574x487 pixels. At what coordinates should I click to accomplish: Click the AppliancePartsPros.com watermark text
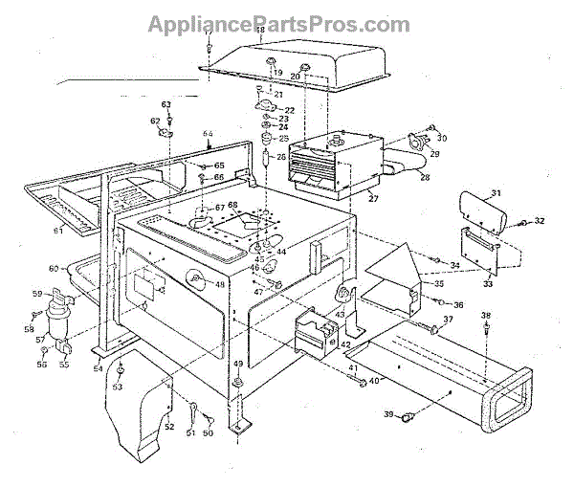[x=278, y=23]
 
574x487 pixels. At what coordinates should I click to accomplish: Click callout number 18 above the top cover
[x=260, y=32]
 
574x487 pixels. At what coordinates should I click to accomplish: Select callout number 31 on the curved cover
[x=496, y=194]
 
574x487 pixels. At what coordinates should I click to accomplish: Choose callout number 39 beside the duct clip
[x=389, y=413]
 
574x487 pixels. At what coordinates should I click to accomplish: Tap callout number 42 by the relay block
[x=345, y=343]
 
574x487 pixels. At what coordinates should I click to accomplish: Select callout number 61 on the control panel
[x=58, y=230]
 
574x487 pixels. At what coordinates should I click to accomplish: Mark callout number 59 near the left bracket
[x=38, y=293]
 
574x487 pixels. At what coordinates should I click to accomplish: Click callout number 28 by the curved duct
[x=425, y=178]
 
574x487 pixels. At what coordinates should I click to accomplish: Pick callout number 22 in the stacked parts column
[x=288, y=111]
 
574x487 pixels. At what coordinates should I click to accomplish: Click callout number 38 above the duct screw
[x=486, y=316]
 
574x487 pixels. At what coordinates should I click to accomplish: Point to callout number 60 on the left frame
[x=54, y=268]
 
